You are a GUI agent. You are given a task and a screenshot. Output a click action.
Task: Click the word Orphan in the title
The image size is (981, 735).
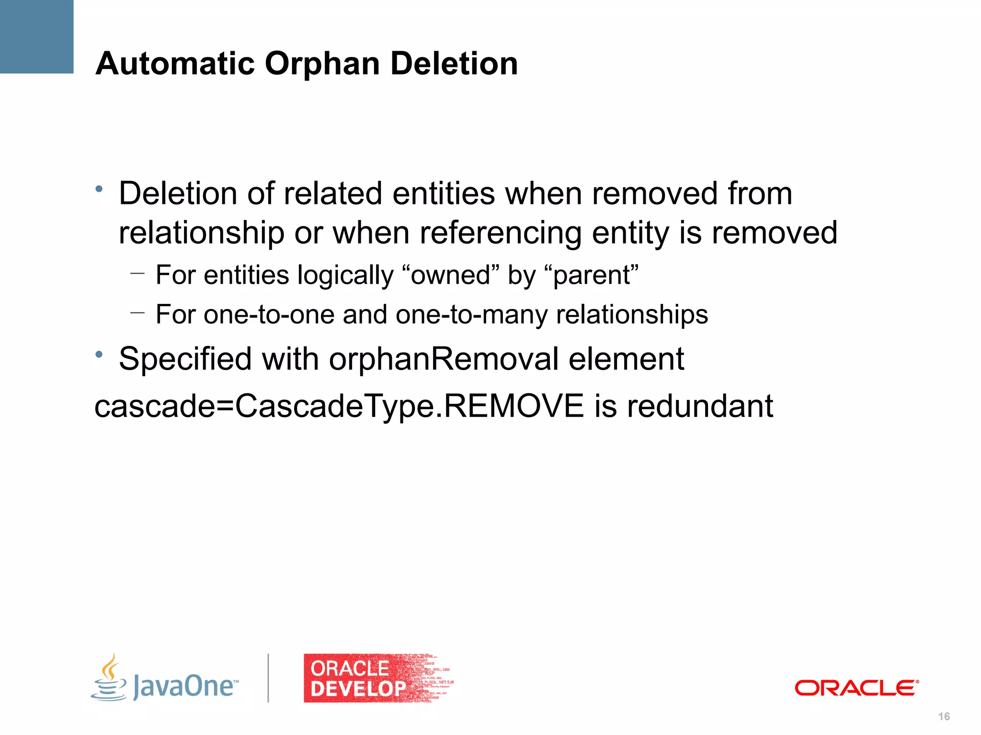click(322, 64)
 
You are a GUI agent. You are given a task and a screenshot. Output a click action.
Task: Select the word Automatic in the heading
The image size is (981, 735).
click(175, 63)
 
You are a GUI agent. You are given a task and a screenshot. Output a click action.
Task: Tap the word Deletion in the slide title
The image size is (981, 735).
click(454, 63)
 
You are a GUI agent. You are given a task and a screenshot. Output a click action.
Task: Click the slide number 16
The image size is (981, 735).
click(944, 716)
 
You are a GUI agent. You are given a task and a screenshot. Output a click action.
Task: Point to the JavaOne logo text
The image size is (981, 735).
click(185, 686)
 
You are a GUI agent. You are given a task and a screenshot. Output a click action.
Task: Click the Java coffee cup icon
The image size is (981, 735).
click(109, 679)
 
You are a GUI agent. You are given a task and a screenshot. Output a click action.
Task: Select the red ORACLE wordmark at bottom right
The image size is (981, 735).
click(856, 688)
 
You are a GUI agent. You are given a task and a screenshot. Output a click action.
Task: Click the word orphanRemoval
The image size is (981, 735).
click(444, 359)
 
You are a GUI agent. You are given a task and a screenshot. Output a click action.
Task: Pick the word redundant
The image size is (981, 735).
click(700, 406)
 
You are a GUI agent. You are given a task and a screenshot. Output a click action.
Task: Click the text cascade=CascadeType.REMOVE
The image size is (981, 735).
click(339, 406)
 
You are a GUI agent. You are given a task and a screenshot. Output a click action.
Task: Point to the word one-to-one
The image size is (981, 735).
click(269, 314)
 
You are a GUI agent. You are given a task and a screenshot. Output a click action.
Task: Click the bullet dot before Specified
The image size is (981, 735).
click(99, 355)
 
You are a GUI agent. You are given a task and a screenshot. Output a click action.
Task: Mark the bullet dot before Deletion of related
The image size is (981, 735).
click(99, 189)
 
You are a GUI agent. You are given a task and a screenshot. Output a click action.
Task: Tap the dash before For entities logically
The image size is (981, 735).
click(137, 274)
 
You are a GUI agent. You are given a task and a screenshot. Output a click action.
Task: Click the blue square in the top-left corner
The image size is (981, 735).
click(36, 36)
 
